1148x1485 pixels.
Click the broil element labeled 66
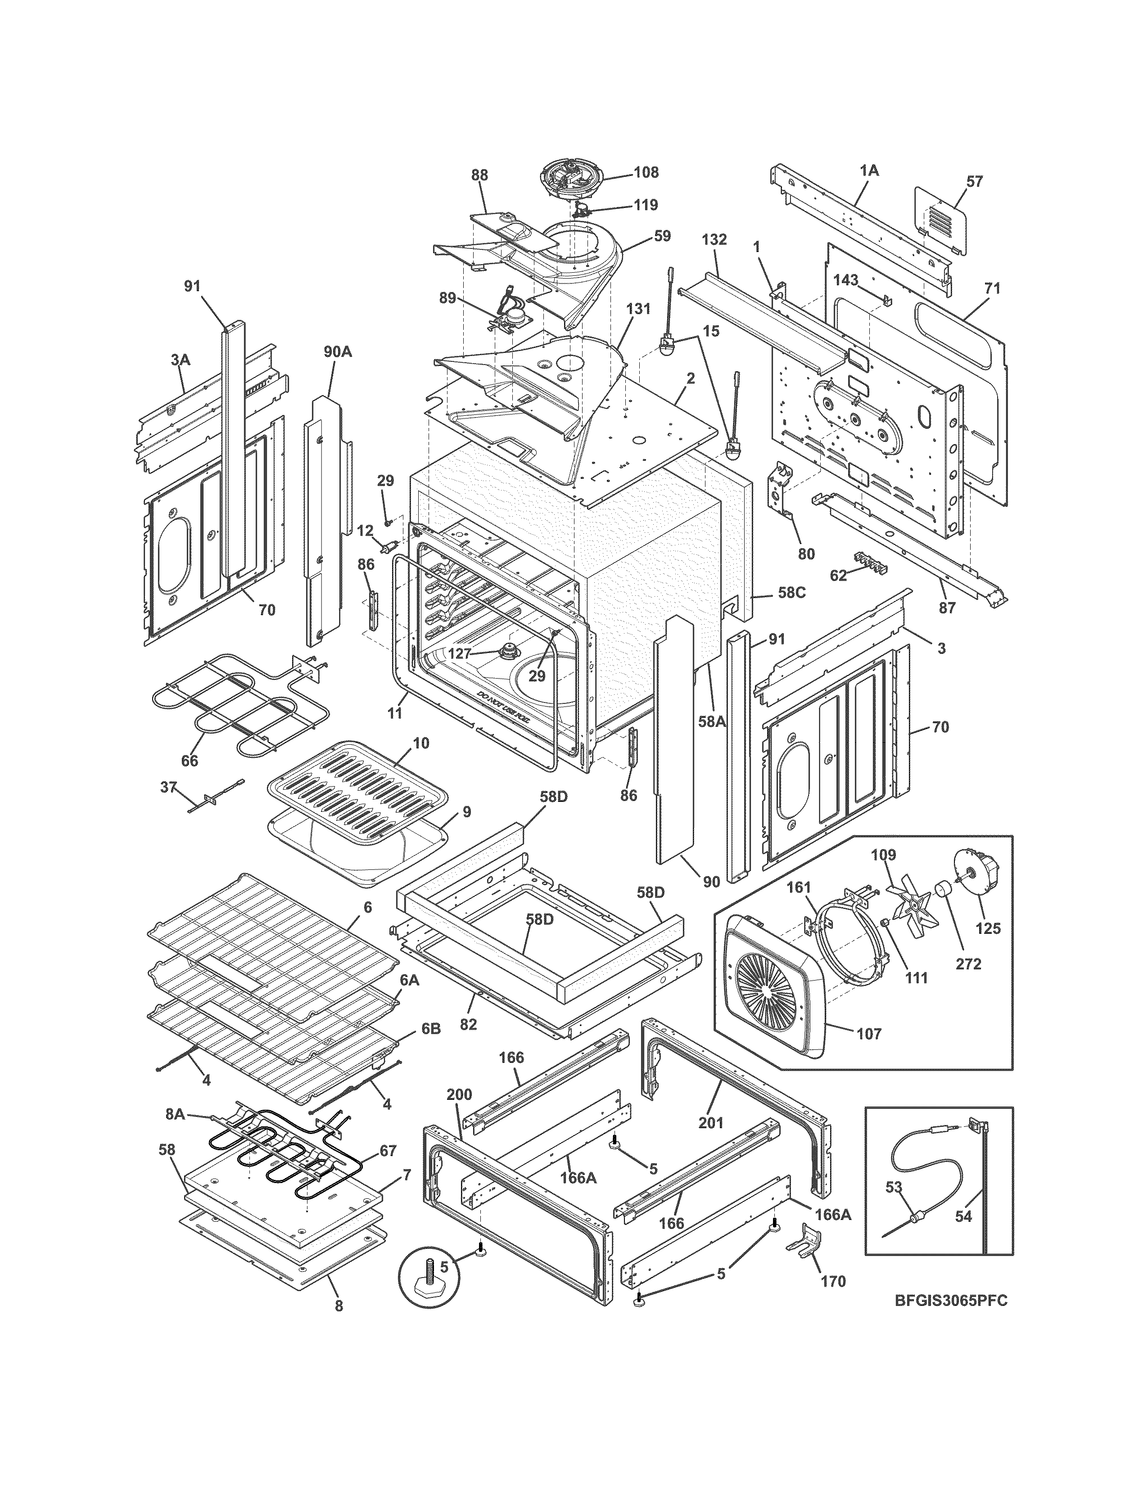231,704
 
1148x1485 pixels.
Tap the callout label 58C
791,592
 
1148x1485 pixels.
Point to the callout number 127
459,653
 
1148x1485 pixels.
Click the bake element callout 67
387,1151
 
